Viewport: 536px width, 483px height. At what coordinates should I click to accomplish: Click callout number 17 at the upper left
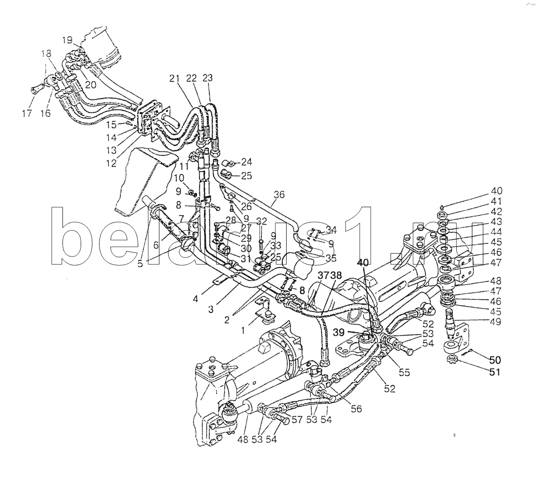pos(27,114)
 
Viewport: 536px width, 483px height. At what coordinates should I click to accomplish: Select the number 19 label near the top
pos(67,40)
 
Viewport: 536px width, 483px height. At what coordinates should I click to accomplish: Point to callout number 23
pos(207,78)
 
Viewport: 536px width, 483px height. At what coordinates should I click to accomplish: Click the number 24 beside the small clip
pos(246,161)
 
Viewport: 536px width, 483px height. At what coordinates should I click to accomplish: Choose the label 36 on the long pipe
pos(279,195)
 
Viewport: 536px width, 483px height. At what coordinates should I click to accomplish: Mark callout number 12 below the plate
pos(112,164)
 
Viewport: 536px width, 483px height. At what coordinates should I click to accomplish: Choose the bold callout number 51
pos(494,372)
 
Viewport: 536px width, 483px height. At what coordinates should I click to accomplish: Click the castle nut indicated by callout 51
pos(452,360)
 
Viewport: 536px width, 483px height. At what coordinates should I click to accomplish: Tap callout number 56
pos(356,409)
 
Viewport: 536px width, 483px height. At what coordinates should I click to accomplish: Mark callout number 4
pos(195,299)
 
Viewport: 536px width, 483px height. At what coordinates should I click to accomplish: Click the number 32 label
pos(261,222)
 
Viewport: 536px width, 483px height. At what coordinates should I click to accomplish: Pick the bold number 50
pos(494,360)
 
